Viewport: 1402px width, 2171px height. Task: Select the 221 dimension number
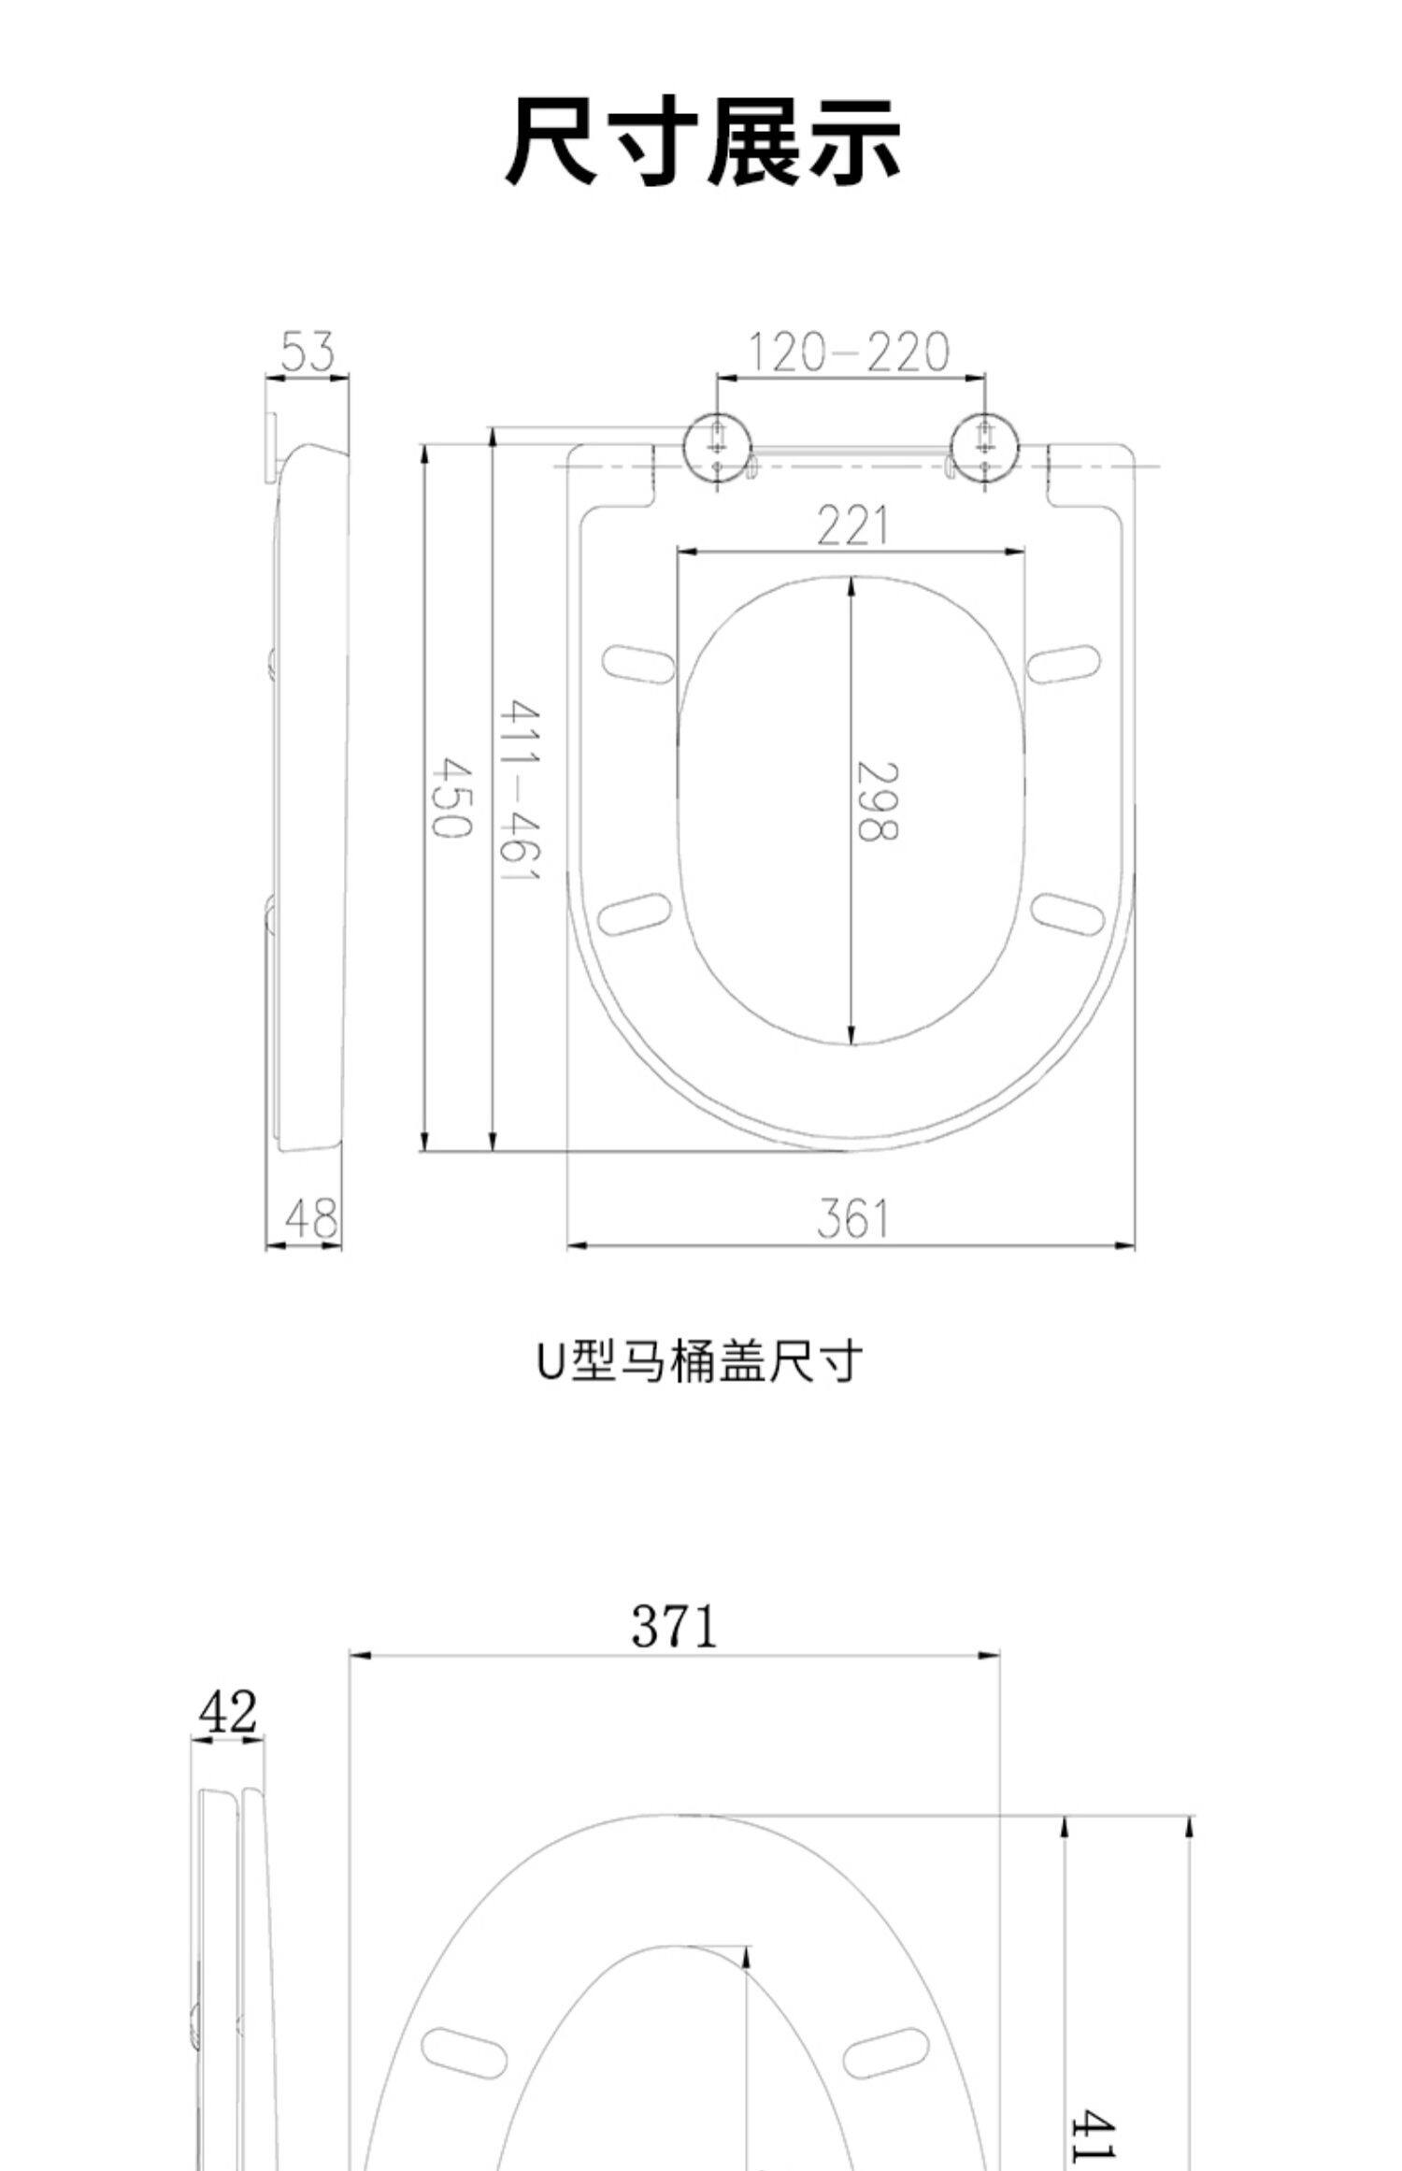click(x=851, y=525)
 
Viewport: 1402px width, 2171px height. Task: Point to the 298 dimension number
click(x=877, y=802)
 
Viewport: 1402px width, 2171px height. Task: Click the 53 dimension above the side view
click(x=308, y=352)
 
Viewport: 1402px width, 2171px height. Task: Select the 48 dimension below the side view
click(x=312, y=1218)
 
